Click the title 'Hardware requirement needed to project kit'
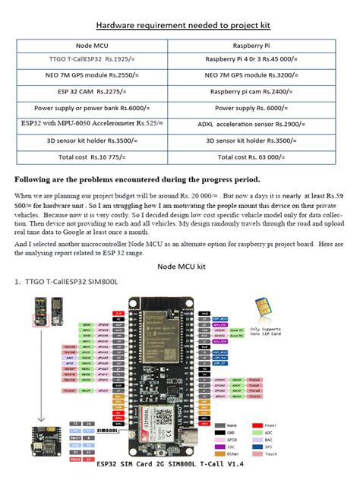click(179, 24)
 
